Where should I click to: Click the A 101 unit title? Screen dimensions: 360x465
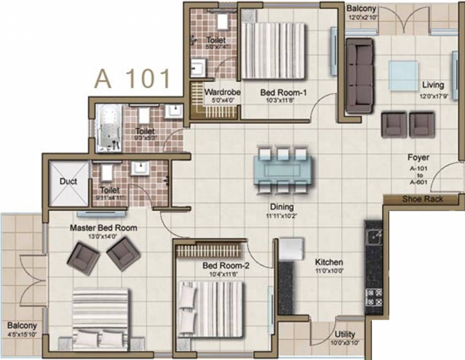(133, 78)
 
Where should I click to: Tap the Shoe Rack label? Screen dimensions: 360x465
(423, 199)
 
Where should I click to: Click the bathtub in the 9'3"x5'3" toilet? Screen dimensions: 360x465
(109, 128)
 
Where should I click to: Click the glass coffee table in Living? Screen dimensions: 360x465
(404, 75)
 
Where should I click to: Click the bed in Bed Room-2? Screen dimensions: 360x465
(211, 309)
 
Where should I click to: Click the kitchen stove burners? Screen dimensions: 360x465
(374, 297)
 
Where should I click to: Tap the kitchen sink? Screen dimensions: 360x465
(374, 237)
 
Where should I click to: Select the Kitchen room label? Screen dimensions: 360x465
(329, 262)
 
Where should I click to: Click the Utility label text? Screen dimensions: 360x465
(345, 334)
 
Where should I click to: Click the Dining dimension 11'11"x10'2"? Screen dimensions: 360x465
(281, 216)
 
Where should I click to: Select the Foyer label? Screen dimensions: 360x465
(418, 158)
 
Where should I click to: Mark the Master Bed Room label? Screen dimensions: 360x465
(103, 228)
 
